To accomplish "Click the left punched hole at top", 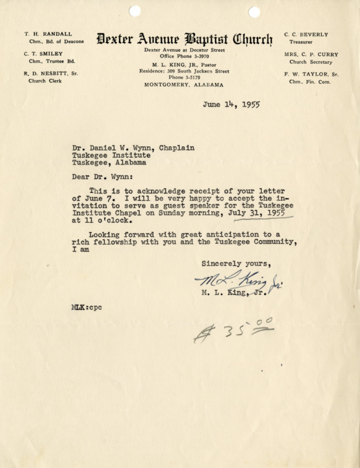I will coord(135,10).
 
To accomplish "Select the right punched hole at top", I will coord(254,11).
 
